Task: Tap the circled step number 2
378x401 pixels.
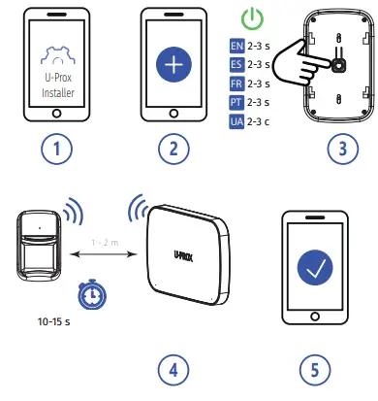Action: pyautogui.click(x=174, y=151)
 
